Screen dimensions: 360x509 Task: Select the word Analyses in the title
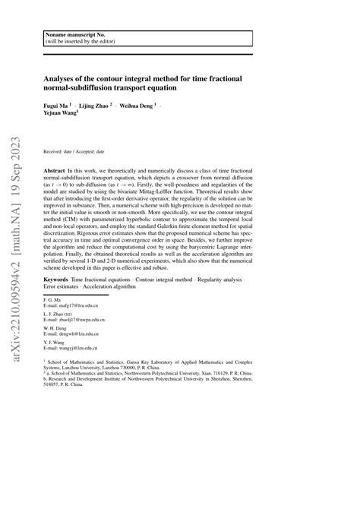(62, 77)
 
